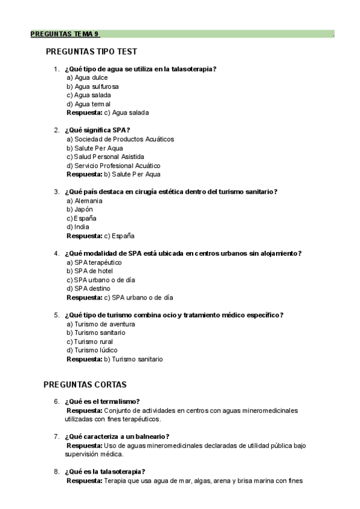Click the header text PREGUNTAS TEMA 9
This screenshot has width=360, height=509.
(65, 34)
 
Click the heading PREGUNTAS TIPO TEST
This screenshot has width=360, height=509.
(91, 52)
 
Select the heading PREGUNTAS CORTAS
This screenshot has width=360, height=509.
(85, 384)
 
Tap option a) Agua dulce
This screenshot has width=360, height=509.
(87, 77)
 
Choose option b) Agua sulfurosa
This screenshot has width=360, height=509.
(92, 86)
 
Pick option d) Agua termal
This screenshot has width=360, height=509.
(89, 104)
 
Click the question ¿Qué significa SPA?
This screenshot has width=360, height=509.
(97, 130)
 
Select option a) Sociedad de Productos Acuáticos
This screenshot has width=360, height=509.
(120, 139)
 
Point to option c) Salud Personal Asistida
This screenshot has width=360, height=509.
(106, 157)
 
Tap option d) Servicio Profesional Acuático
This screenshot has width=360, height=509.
(113, 166)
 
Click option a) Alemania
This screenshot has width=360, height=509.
(85, 200)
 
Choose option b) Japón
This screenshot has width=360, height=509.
(81, 209)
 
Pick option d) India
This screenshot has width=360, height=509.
(78, 227)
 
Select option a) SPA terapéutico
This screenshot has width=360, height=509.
(94, 262)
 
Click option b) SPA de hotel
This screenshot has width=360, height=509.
(89, 271)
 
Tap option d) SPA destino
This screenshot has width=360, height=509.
(88, 289)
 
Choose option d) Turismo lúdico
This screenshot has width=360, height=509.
(92, 350)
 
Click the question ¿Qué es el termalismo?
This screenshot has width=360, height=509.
(102, 402)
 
